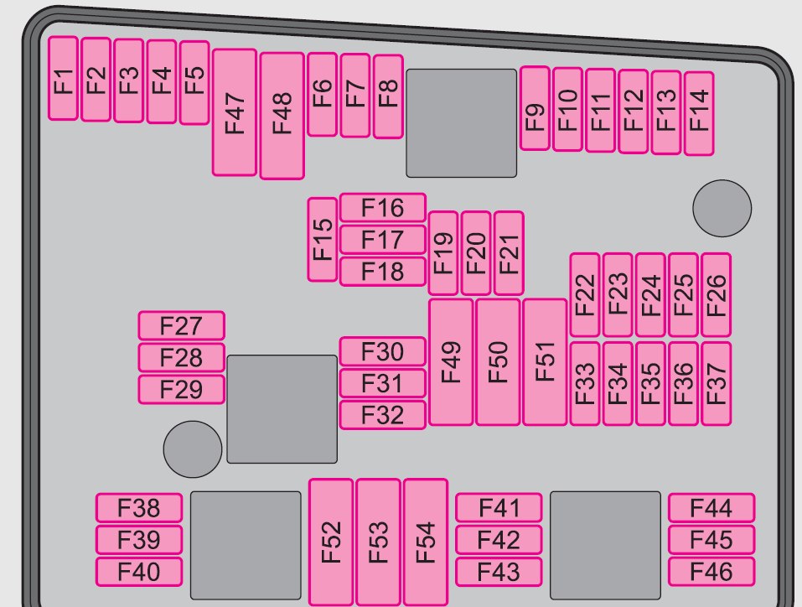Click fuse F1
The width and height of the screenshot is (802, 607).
pos(63,78)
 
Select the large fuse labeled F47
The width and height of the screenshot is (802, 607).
pos(235,112)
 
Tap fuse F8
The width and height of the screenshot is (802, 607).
pos(388,96)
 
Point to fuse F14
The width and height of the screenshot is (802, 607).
pos(699,113)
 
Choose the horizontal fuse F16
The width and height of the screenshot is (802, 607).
pos(383,207)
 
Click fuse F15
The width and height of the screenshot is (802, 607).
pos(323,240)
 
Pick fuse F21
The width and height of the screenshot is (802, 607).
pos(509,253)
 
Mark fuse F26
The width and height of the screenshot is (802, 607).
pos(716,295)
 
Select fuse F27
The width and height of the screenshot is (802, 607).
pos(182,325)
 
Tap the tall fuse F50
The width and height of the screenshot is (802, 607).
pos(498,362)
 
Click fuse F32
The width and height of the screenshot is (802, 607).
pos(383,415)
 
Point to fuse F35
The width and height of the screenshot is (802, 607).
pos(650,384)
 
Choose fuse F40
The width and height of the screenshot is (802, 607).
pos(138,572)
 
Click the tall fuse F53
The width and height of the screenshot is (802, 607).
pos(379,542)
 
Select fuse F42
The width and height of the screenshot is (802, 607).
pos(499,539)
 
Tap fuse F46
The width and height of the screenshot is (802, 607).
pos(711,572)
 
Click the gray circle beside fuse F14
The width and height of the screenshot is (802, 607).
pos(722,208)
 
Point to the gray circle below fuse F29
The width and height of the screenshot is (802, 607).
pos(193,449)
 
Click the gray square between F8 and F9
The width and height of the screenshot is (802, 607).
pos(462,123)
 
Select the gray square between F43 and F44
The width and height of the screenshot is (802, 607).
pos(606,546)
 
